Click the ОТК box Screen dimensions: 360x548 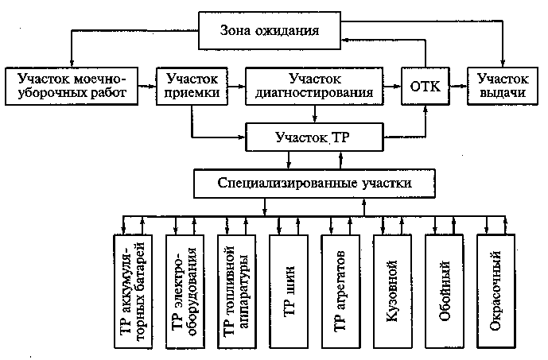pyautogui.click(x=425, y=87)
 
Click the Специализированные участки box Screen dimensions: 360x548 pyautogui.click(x=314, y=184)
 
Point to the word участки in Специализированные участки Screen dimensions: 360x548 pyautogui.click(x=387, y=184)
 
